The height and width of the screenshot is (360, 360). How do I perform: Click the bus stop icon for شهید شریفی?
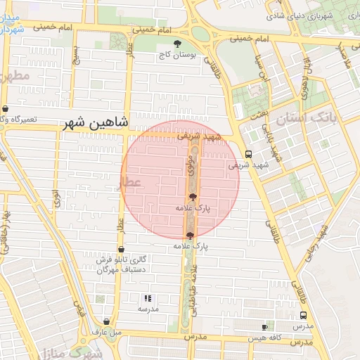click(247, 154)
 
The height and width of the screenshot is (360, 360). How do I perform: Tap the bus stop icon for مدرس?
click(303, 316)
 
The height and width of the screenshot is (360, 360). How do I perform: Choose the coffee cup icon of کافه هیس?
click(264, 327)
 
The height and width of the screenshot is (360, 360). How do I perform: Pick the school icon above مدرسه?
click(148, 298)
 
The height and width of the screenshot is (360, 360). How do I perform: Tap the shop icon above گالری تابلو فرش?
click(121, 249)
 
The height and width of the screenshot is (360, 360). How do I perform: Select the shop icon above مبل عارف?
click(107, 321)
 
